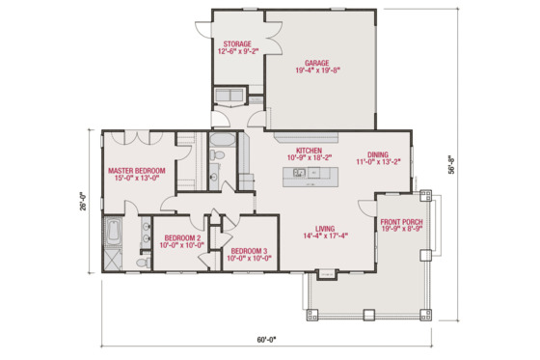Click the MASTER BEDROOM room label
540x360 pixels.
click(136, 171)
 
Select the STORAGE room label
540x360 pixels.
click(237, 44)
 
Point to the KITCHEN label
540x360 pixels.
click(309, 151)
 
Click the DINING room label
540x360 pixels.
click(377, 152)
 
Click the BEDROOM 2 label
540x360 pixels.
click(181, 237)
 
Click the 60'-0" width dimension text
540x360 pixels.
click(266, 339)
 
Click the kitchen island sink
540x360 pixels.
click(300, 173)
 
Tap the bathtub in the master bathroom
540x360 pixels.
click(113, 234)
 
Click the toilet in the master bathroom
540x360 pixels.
click(142, 261)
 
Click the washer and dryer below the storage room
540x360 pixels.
click(230, 95)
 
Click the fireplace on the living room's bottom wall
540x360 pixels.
click(326, 273)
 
